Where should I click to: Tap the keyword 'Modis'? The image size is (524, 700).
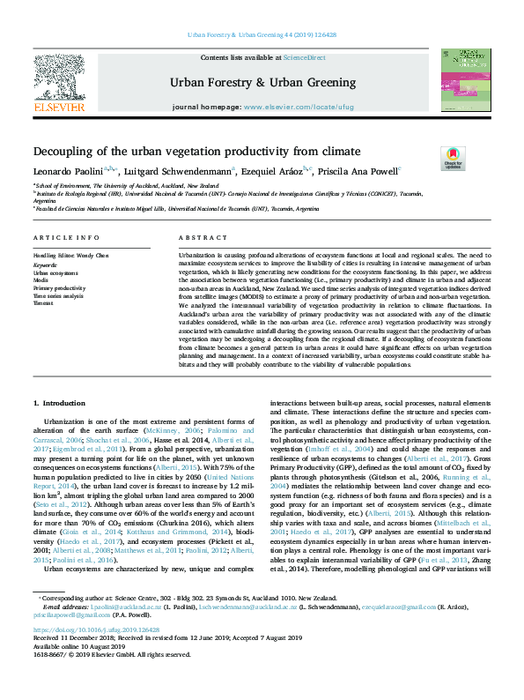coord(41,279)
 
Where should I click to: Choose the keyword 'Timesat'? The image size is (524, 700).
coord(43,302)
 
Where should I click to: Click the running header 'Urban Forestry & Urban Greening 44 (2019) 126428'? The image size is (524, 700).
coord(262,35)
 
